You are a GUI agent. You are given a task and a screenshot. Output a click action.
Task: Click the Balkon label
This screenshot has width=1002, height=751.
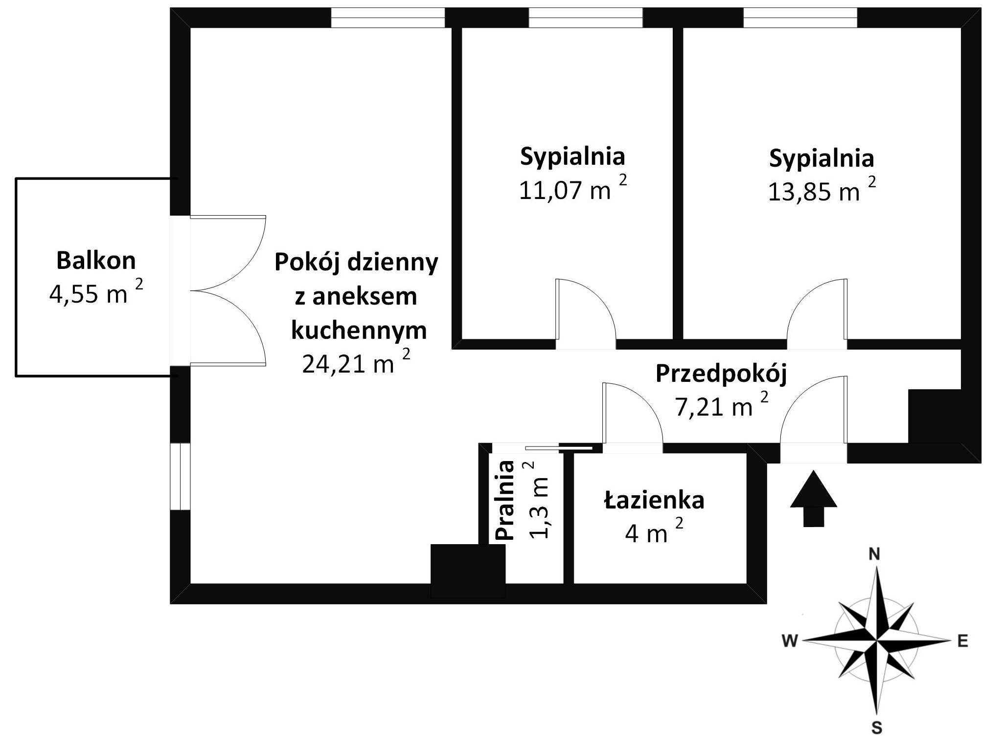coord(96,261)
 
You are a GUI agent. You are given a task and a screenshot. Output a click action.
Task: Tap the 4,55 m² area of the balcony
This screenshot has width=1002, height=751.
coord(96,294)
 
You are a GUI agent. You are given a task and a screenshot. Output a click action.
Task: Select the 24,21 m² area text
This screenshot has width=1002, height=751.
coord(356,363)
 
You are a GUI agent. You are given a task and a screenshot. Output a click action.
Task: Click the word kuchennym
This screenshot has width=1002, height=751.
coord(359,331)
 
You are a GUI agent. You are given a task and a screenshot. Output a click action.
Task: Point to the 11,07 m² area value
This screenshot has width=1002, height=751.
coord(572,190)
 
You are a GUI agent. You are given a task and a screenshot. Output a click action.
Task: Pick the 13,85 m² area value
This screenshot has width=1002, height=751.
coord(821,191)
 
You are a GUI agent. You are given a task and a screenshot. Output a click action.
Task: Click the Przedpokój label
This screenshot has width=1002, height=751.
coord(721,374)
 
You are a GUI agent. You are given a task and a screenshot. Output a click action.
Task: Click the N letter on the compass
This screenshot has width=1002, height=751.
coord(874,554)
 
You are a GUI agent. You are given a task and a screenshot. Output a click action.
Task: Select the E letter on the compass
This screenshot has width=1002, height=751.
coord(963,641)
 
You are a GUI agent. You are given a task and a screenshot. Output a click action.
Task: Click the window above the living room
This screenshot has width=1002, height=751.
coord(387,18)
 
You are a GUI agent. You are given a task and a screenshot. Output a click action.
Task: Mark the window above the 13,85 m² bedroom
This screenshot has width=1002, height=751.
coord(800,18)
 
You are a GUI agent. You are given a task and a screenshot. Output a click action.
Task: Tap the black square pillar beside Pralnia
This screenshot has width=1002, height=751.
coord(468,570)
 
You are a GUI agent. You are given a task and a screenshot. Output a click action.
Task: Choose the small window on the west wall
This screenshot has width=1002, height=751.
coord(180,476)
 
